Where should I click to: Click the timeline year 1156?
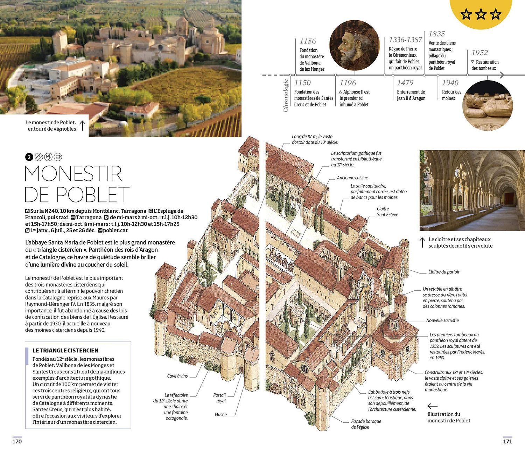308,41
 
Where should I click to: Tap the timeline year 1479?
405,83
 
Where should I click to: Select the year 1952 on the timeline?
479,53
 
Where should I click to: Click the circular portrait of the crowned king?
355,45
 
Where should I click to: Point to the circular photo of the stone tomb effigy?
488,105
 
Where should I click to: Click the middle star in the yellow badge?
481,14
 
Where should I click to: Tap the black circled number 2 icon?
29,157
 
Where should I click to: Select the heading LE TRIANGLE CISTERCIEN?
65,350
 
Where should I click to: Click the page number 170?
17,441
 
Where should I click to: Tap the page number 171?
507,441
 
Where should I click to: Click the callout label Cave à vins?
177,376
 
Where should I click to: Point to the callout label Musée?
221,415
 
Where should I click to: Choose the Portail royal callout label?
219,398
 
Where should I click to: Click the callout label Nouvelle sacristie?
442,320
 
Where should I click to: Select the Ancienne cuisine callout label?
352,178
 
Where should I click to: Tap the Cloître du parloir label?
444,272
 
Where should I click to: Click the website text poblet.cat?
115,230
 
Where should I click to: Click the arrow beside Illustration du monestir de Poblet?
433,406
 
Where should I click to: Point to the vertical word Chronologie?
286,95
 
